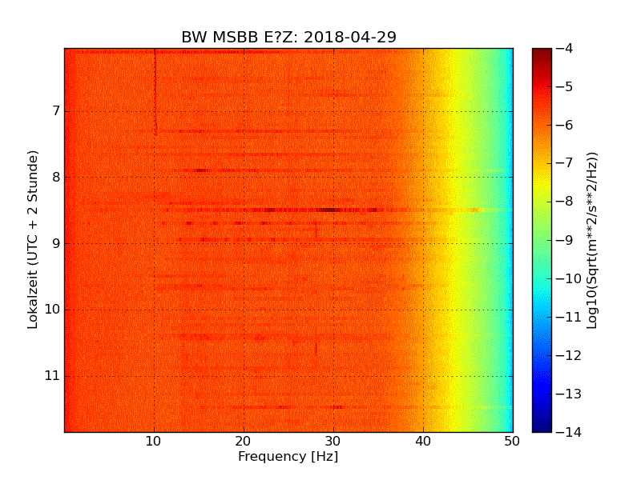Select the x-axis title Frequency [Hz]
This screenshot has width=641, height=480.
[288, 457]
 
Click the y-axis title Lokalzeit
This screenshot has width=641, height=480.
[34, 240]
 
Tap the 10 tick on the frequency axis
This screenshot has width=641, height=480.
[154, 441]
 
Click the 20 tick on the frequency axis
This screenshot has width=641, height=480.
[244, 441]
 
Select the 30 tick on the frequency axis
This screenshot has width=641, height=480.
[333, 441]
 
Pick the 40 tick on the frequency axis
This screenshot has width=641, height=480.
[423, 441]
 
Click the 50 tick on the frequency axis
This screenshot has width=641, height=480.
[512, 441]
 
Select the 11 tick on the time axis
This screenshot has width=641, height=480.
[54, 376]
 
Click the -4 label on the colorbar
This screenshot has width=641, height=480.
[562, 49]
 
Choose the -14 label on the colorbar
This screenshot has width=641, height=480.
[566, 432]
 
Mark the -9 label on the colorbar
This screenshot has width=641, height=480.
[562, 240]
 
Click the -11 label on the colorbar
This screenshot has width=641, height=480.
[566, 317]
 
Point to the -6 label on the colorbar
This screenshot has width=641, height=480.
[562, 125]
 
